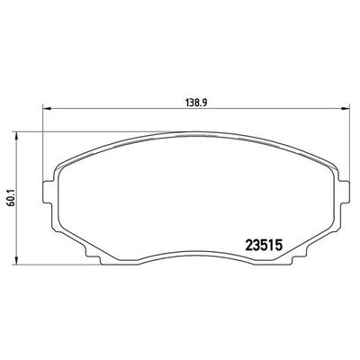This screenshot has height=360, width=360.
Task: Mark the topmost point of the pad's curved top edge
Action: [194, 133]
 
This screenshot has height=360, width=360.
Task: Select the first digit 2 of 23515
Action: [250, 244]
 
